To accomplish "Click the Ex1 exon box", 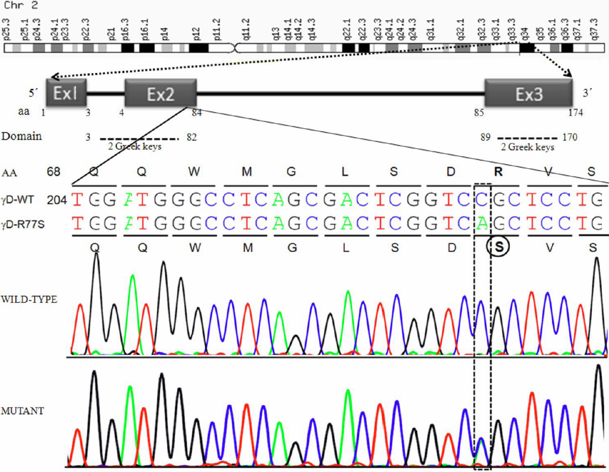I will (x=67, y=92).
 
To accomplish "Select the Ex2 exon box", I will (x=161, y=93).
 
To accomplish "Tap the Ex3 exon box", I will (x=529, y=93).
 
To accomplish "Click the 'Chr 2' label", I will (x=20, y=6).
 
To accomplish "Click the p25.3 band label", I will (x=6, y=29).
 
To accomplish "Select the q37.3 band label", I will (x=595, y=29).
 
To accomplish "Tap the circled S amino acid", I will (x=499, y=247).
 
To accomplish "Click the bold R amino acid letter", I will (x=499, y=171).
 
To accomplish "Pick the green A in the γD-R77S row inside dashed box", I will (x=482, y=223).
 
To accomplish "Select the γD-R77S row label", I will (x=23, y=224).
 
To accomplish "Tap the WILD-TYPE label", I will (x=29, y=299).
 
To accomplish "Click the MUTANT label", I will (x=23, y=411).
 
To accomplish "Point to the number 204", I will (x=57, y=200).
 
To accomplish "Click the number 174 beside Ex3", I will (x=575, y=112).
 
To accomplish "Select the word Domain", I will (x=21, y=136).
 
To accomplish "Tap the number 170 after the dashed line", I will (x=570, y=137).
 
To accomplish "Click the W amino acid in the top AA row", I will (x=194, y=171).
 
